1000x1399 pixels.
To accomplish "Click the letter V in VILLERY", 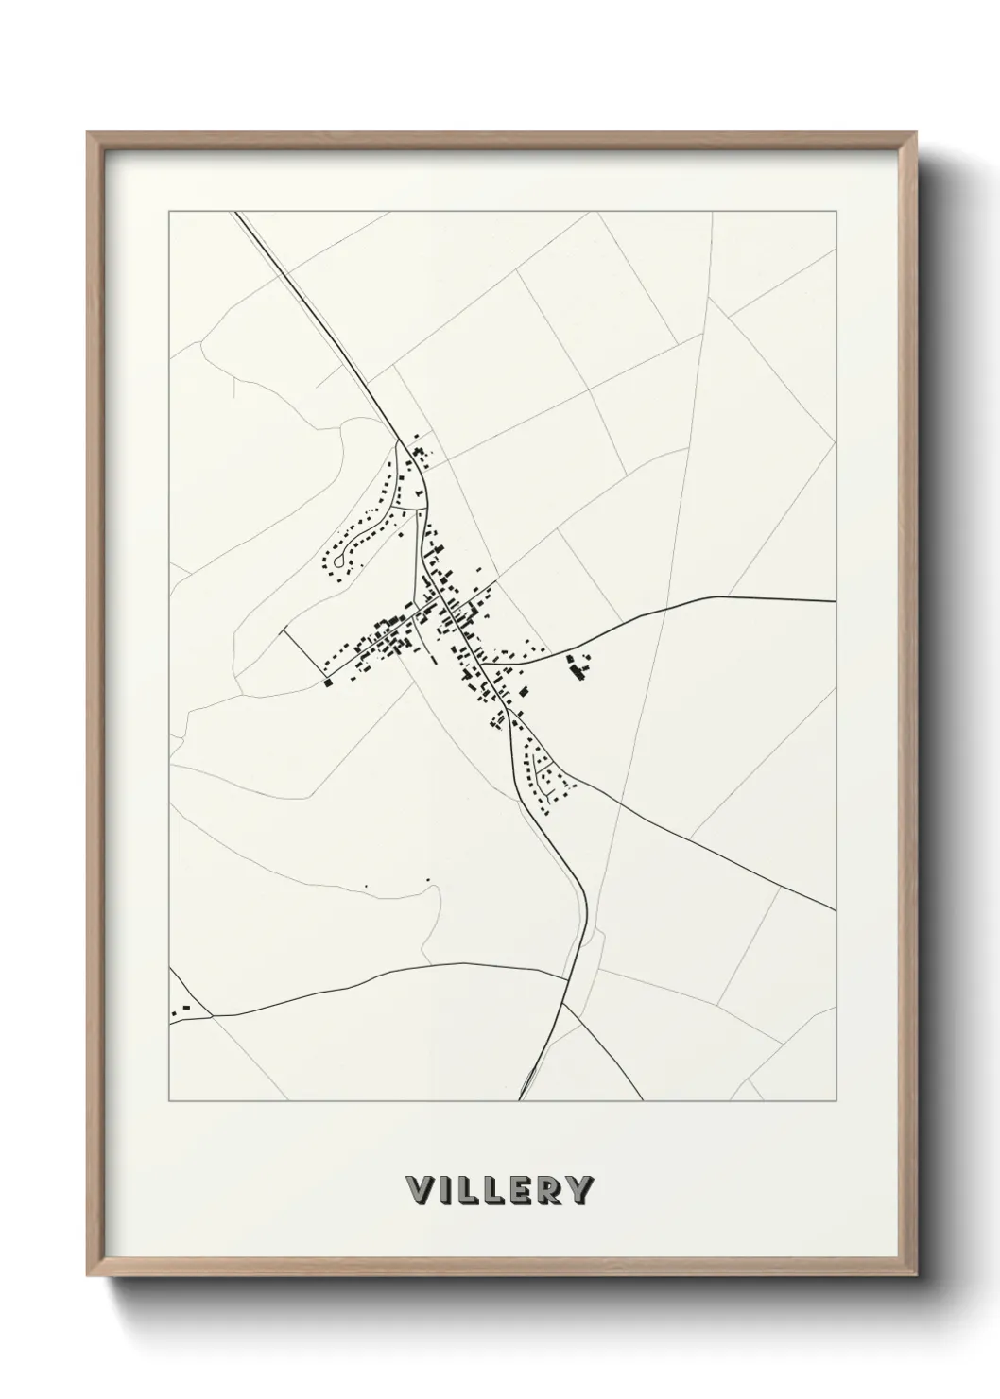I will pyautogui.click(x=417, y=1189).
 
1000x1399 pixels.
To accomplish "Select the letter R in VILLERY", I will pyautogui.click(x=545, y=1189).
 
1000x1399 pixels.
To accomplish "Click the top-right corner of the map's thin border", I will pyautogui.click(x=836, y=212).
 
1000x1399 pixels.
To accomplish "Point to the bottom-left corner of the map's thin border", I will pyautogui.click(x=169, y=1101).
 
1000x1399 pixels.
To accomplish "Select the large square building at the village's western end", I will pyautogui.click(x=328, y=682).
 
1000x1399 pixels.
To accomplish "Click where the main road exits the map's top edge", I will pyautogui.click(x=235, y=213).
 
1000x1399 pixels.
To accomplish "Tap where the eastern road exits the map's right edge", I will pyautogui.click(x=836, y=600).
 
